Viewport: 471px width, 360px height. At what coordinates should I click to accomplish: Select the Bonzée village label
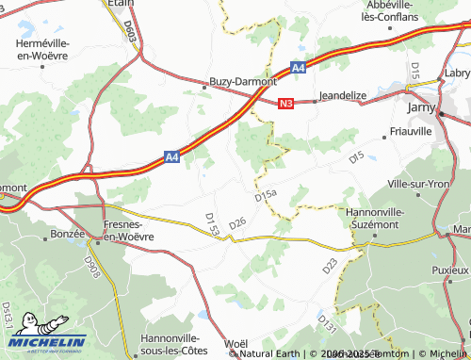(68, 231)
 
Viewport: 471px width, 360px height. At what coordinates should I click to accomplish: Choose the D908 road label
(92, 267)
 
